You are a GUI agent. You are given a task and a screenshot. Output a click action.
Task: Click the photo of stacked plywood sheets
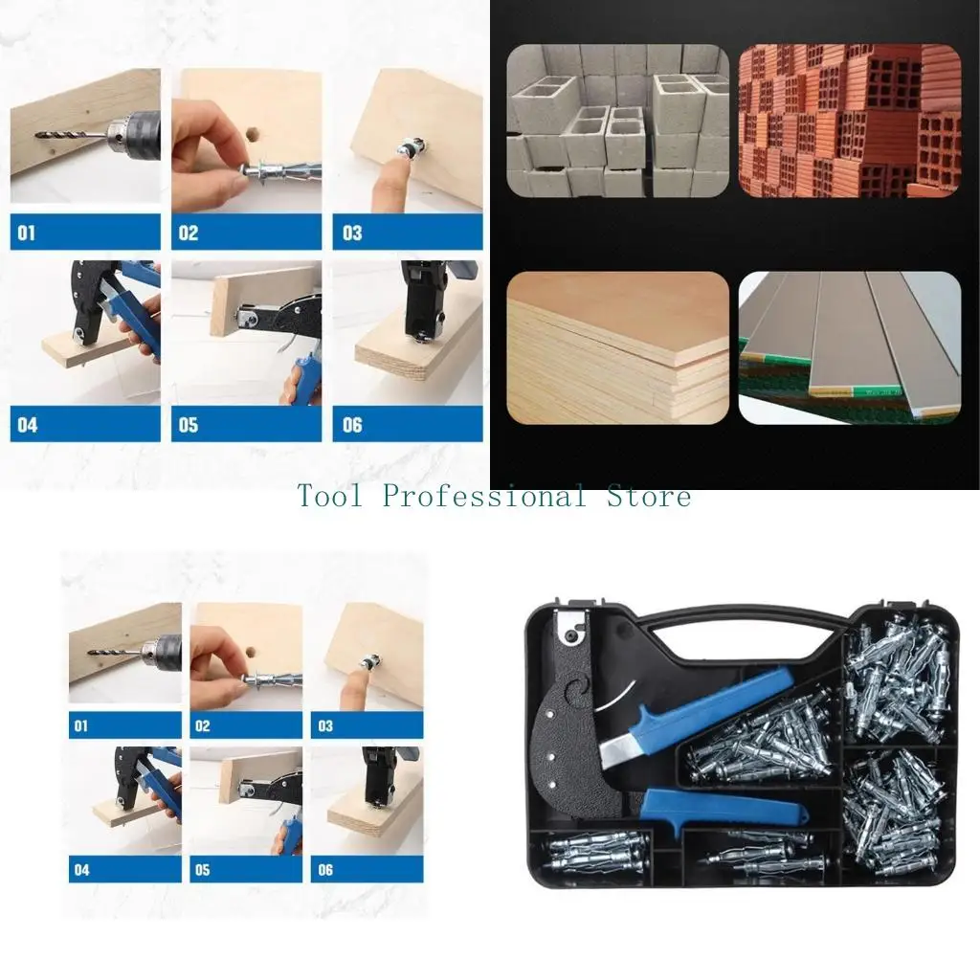tap(617, 347)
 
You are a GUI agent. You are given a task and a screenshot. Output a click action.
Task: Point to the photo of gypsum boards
tap(849, 347)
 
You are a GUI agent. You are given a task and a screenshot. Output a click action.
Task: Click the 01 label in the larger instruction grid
tap(27, 233)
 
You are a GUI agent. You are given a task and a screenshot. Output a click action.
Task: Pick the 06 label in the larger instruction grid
tap(352, 424)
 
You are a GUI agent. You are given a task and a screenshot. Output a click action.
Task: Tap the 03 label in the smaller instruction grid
tap(325, 726)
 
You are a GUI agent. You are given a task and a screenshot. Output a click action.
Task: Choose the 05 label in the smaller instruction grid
tap(202, 870)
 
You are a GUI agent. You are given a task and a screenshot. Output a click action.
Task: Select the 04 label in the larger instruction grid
tap(27, 424)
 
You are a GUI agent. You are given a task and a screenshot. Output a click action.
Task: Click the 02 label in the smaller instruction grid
tap(202, 726)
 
